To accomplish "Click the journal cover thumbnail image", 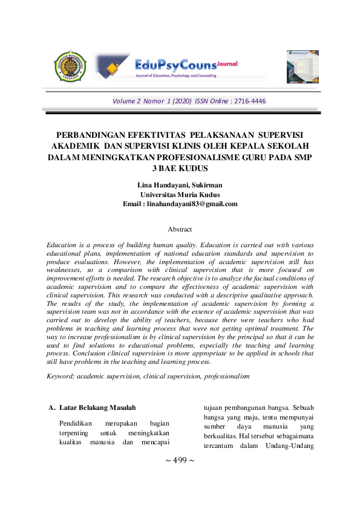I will [x=302, y=66].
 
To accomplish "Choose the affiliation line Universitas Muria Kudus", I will [x=180, y=194].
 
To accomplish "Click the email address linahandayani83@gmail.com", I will [x=192, y=204].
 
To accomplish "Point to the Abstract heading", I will [x=180, y=229].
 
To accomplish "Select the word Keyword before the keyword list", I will [x=61, y=376].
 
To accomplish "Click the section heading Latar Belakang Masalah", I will [x=93, y=407].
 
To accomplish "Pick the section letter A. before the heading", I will [x=51, y=407].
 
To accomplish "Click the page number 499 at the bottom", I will [x=180, y=461].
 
